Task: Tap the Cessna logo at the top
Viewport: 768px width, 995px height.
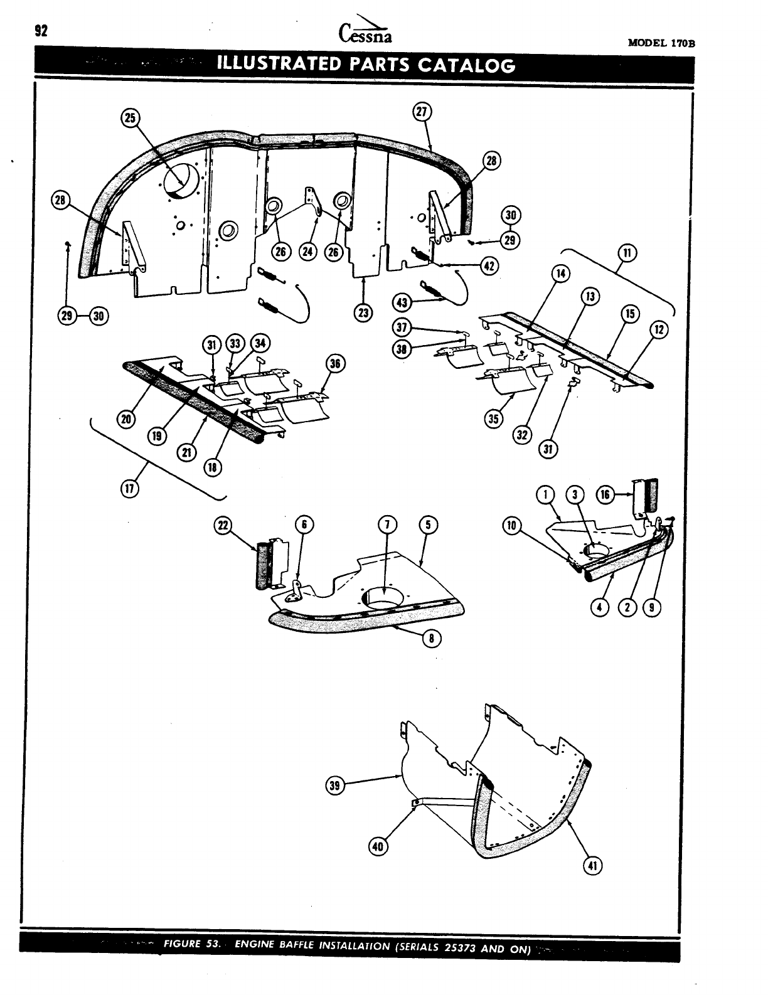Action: [366, 32]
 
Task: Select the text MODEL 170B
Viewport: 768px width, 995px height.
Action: [663, 43]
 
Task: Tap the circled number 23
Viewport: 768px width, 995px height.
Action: [363, 312]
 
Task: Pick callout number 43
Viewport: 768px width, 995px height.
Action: [400, 302]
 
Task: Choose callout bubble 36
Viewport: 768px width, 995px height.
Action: [335, 363]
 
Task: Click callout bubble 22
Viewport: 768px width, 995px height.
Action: [223, 526]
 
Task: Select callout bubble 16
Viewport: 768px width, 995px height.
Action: [605, 494]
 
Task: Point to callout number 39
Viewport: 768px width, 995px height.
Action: [336, 785]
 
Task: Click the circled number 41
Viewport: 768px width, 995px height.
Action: [591, 866]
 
